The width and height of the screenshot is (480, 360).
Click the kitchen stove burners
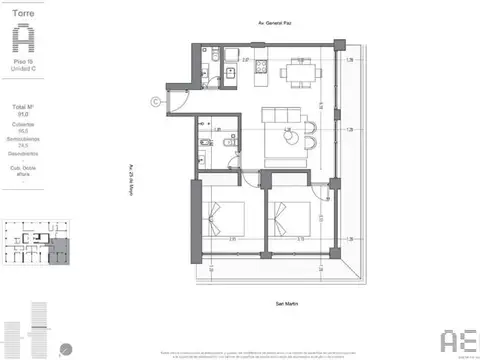[261, 68]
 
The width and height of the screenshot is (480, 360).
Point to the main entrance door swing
[183, 98]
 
